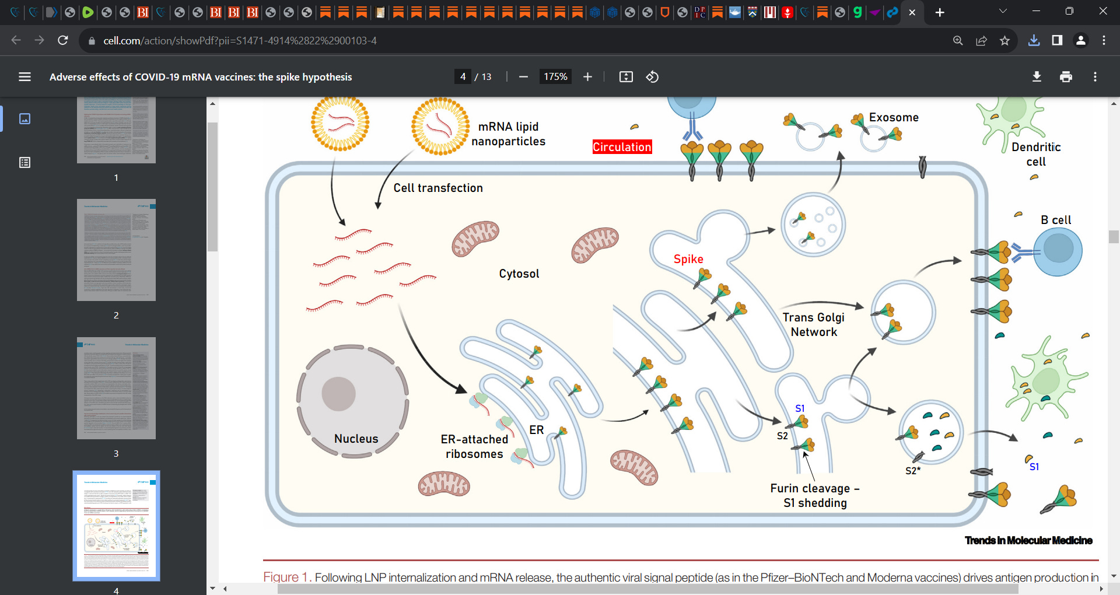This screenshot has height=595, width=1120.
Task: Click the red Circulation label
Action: tap(622, 147)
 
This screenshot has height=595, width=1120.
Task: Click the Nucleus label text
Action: tap(356, 439)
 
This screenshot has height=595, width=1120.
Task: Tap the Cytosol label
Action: tap(519, 274)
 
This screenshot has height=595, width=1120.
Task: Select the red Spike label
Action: tap(688, 259)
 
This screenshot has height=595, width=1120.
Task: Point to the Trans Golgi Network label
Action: tap(813, 324)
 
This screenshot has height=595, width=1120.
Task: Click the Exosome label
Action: tap(894, 117)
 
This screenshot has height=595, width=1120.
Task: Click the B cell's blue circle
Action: tap(1058, 251)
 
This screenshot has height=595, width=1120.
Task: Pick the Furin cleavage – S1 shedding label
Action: tap(815, 495)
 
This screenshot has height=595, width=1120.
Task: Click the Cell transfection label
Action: tap(438, 188)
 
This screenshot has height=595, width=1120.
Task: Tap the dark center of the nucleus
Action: tap(338, 394)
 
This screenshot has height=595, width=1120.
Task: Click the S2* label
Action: tap(913, 471)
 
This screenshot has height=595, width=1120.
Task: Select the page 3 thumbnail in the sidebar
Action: tap(116, 388)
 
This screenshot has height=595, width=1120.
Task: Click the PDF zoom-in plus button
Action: tap(587, 77)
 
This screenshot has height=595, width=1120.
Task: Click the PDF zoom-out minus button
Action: tap(523, 77)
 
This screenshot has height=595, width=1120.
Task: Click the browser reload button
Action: tap(63, 40)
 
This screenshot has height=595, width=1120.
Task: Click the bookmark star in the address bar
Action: tap(1005, 40)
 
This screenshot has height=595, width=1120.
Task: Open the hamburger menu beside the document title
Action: tap(24, 77)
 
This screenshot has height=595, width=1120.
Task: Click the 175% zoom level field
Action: tap(555, 77)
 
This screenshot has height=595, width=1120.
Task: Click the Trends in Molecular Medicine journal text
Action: tap(1028, 540)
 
